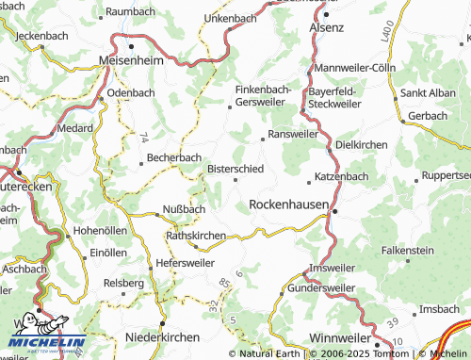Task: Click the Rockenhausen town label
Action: (x=288, y=204)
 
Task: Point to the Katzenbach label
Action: (x=341, y=176)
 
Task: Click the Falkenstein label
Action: (x=407, y=250)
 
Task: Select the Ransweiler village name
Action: (x=293, y=135)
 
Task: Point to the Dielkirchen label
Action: (x=362, y=145)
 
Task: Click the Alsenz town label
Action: (x=327, y=28)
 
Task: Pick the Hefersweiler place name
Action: (x=186, y=263)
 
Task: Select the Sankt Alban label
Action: (x=429, y=93)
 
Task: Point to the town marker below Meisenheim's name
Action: (x=131, y=45)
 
